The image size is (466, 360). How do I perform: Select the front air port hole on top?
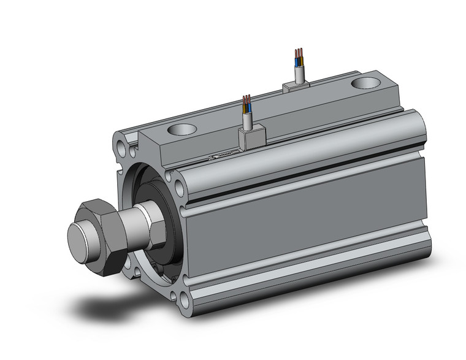180,129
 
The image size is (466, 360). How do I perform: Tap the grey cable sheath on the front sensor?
247,121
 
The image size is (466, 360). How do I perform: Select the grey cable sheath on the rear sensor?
299,74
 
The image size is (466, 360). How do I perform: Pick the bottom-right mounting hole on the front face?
183,300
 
